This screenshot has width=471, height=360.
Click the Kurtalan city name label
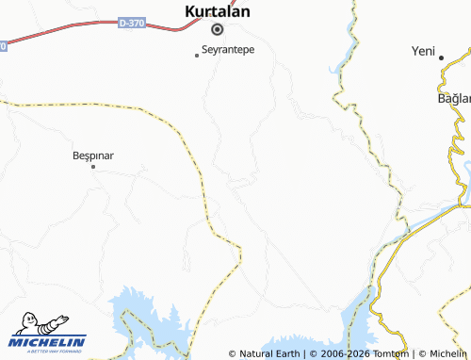click(217, 11)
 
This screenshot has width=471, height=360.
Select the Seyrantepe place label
click(229, 49)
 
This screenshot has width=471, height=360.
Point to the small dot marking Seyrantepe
click(197, 56)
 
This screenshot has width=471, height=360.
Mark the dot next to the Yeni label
click(442, 57)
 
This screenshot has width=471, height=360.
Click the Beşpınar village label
click(93, 155)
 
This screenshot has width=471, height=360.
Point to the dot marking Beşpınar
click(92, 167)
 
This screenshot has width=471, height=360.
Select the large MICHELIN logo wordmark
click(48, 342)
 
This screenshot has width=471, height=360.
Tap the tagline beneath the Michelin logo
click(48, 352)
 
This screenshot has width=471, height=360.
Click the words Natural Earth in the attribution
click(270, 353)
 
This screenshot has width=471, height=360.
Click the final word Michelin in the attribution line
click(448, 353)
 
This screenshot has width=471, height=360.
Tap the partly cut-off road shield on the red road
click(2, 45)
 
